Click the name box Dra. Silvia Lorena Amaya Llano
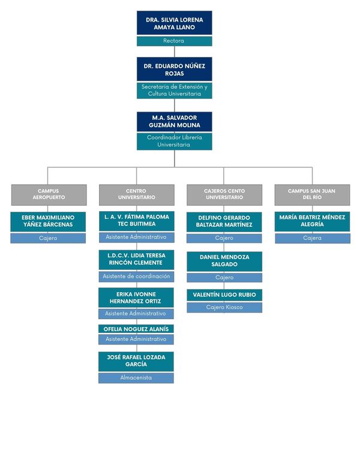pyautogui.click(x=175, y=23)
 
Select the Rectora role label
pyautogui.click(x=175, y=41)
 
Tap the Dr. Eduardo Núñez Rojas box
pyautogui.click(x=175, y=69)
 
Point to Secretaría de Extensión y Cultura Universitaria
pyautogui.click(x=175, y=91)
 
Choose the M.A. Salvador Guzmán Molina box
pyautogui.click(x=175, y=122)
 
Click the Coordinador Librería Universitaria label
pyautogui.click(x=175, y=141)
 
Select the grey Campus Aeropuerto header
pyautogui.click(x=49, y=195)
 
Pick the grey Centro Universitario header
pyautogui.click(x=137, y=195)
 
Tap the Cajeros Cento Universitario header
pyautogui.click(x=224, y=195)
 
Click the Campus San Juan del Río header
pyautogui.click(x=312, y=195)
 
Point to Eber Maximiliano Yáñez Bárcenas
pyautogui.click(x=48, y=221)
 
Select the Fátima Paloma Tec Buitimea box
pyautogui.click(x=137, y=221)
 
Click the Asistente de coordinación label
pyautogui.click(x=136, y=277)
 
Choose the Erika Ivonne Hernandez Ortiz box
pyautogui.click(x=136, y=298)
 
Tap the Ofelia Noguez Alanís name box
pyautogui.click(x=136, y=329)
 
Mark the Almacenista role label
pyautogui.click(x=136, y=378)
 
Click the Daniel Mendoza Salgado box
pyautogui.click(x=224, y=261)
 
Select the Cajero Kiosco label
pyautogui.click(x=224, y=308)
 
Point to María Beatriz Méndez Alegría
pyautogui.click(x=312, y=221)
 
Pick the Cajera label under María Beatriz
pyautogui.click(x=313, y=238)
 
